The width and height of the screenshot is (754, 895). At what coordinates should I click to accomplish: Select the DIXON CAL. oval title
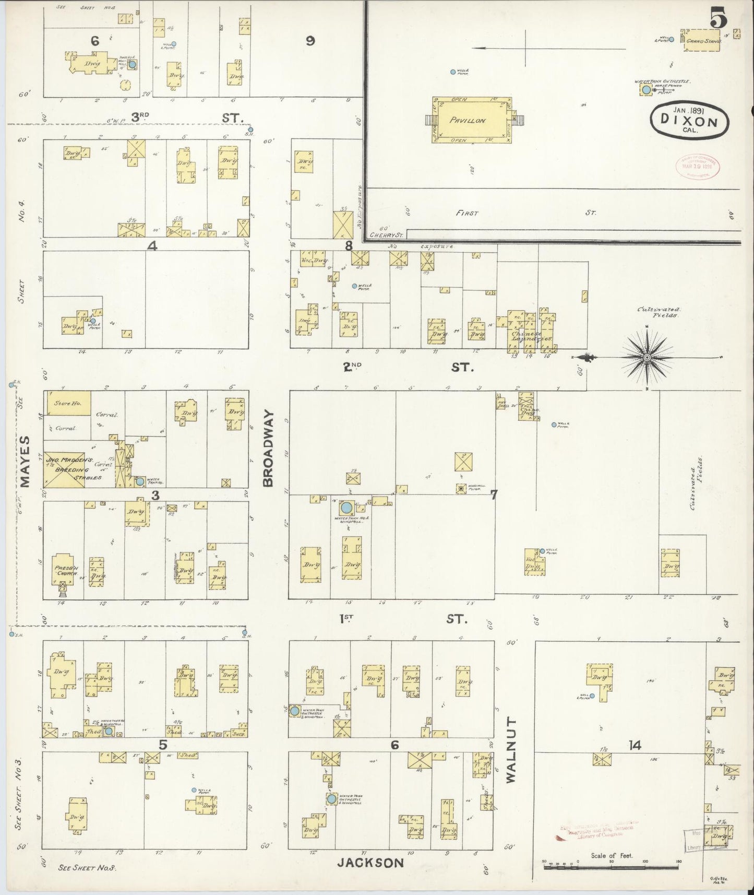click(689, 121)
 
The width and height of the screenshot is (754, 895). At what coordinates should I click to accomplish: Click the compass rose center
click(647, 357)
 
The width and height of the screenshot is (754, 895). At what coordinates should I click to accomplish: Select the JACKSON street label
click(370, 862)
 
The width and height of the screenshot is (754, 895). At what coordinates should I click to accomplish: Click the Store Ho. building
click(68, 404)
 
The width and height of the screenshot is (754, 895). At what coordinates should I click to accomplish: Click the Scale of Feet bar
click(612, 867)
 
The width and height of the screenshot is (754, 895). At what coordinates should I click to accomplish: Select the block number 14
click(635, 746)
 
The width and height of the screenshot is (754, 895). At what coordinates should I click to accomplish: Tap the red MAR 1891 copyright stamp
click(695, 167)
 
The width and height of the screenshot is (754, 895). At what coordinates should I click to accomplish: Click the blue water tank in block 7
click(345, 507)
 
